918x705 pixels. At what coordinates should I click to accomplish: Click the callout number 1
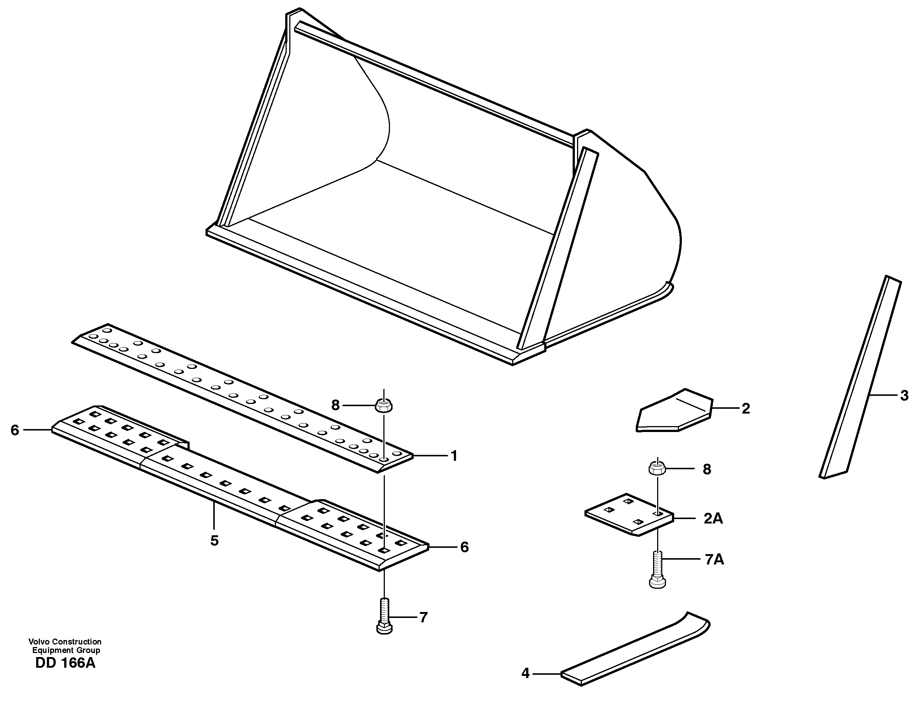(x=453, y=456)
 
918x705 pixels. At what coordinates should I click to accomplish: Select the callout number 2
(x=745, y=408)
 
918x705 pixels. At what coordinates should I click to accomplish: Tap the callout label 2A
(x=713, y=519)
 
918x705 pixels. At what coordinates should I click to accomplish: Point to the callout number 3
(x=904, y=395)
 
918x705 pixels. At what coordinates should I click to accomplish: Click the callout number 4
(x=525, y=674)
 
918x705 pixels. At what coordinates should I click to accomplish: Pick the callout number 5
(x=214, y=541)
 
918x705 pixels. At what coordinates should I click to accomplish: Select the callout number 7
(x=423, y=617)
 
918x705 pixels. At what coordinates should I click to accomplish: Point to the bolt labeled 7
(x=384, y=617)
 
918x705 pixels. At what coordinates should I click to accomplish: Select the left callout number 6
(x=15, y=430)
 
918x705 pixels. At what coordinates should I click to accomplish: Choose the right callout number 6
(x=464, y=547)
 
